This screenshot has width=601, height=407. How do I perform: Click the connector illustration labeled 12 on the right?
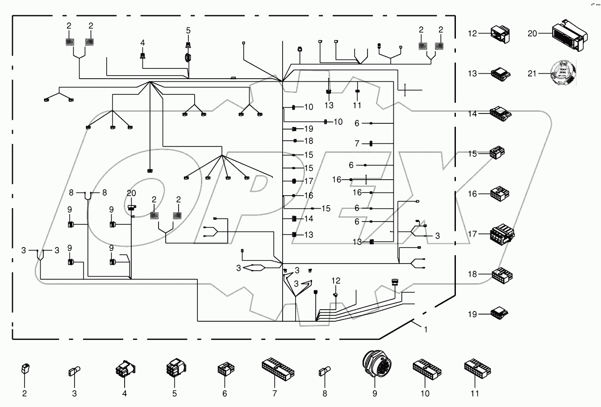tap(500, 34)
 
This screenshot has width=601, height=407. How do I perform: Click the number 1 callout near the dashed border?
tap(426, 329)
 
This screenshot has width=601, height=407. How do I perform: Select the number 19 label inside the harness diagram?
tap(309, 129)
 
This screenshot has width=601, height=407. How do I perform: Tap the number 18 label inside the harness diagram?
tap(309, 141)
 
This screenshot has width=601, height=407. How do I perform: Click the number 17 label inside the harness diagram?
tap(309, 181)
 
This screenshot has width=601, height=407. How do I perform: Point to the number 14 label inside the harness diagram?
tap(309, 218)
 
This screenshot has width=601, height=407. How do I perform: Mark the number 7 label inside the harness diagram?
tap(357, 143)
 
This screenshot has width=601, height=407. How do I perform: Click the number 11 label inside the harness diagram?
tap(357, 105)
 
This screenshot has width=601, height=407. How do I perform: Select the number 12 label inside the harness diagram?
tap(336, 281)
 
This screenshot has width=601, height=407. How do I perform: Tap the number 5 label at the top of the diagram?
tap(188, 30)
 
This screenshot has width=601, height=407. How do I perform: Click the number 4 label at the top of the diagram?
tap(142, 43)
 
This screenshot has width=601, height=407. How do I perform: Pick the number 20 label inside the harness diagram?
tap(131, 193)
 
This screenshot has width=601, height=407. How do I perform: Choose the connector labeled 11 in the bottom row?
tap(477, 368)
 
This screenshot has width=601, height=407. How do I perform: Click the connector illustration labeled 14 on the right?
tap(501, 113)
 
